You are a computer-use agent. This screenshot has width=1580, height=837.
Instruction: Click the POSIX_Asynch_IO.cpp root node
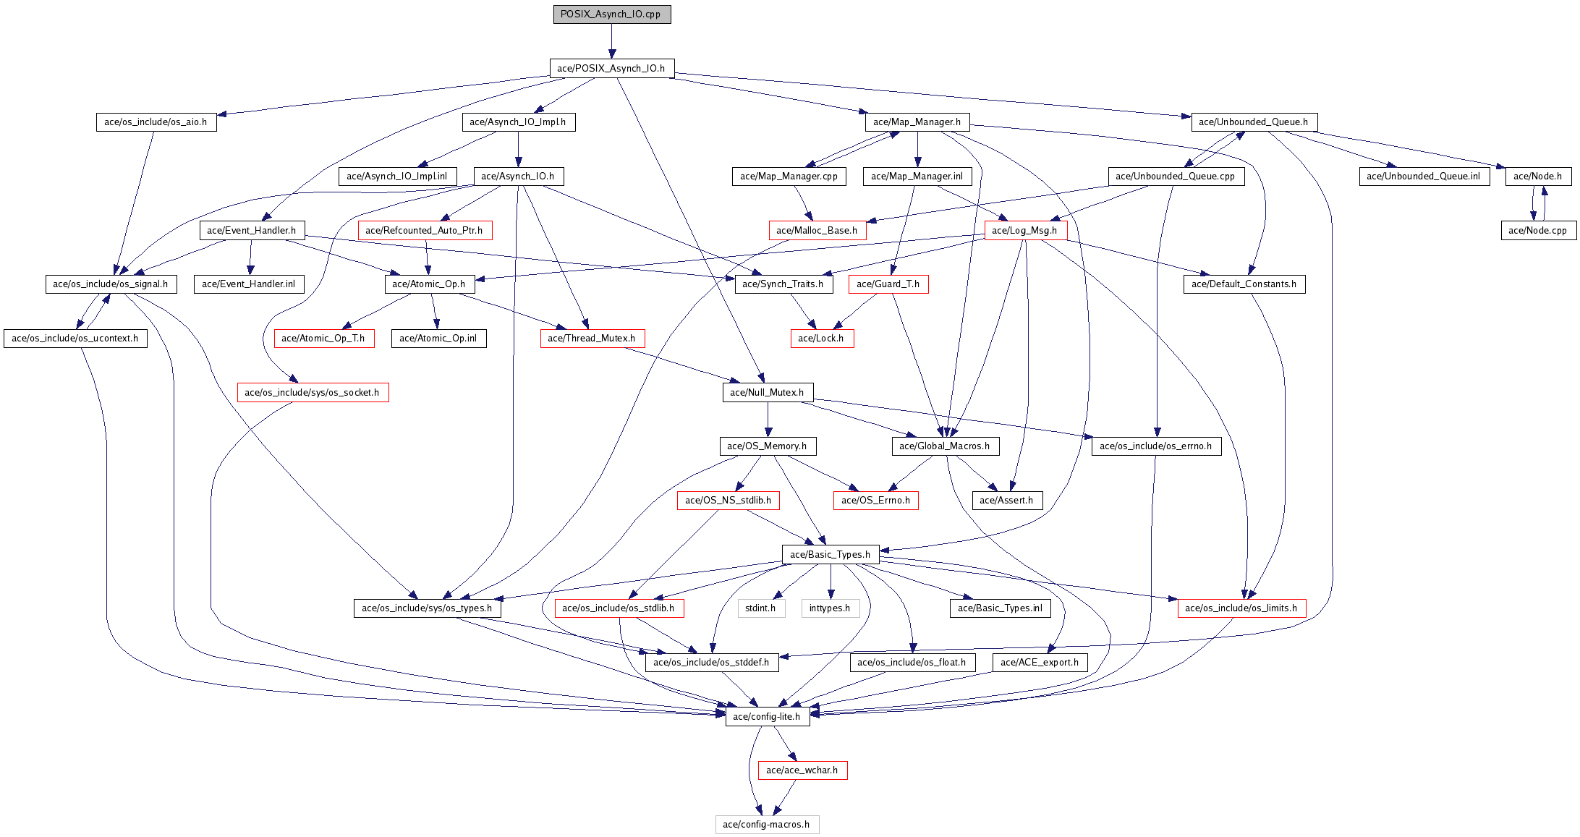pyautogui.click(x=611, y=14)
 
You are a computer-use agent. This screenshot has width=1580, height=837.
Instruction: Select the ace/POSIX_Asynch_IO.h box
pyautogui.click(x=611, y=68)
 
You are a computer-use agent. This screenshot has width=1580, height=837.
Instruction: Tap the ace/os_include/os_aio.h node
pyautogui.click(x=156, y=122)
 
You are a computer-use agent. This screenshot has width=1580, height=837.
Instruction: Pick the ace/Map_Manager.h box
pyautogui.click(x=917, y=122)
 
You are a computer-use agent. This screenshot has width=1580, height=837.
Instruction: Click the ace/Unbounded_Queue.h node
pyautogui.click(x=1254, y=122)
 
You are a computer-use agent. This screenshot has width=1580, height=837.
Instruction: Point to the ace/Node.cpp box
pyautogui.click(x=1538, y=230)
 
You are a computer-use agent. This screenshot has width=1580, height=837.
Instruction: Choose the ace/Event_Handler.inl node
pyautogui.click(x=248, y=284)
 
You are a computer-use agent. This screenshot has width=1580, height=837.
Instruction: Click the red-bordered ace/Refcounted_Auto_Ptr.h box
pyautogui.click(x=425, y=230)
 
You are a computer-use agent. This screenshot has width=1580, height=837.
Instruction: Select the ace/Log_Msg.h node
pyautogui.click(x=1024, y=230)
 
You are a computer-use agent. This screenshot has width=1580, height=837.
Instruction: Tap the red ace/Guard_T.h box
pyautogui.click(x=888, y=284)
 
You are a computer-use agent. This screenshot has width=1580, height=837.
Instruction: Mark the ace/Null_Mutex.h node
pyautogui.click(x=767, y=392)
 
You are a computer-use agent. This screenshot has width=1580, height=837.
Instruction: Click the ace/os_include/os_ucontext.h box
pyautogui.click(x=75, y=338)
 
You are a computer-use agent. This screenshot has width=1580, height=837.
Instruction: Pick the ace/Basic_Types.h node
pyautogui.click(x=830, y=554)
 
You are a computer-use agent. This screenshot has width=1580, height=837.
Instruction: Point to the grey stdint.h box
pyautogui.click(x=760, y=608)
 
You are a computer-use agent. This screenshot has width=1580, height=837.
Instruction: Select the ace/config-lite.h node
pyautogui.click(x=767, y=716)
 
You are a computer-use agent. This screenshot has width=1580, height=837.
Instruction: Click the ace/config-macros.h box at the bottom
pyautogui.click(x=767, y=824)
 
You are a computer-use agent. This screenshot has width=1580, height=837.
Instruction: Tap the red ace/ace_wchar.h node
pyautogui.click(x=802, y=770)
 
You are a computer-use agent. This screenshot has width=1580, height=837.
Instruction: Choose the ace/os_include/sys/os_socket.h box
pyautogui.click(x=312, y=392)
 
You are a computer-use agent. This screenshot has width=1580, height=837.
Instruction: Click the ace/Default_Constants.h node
pyautogui.click(x=1244, y=284)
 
